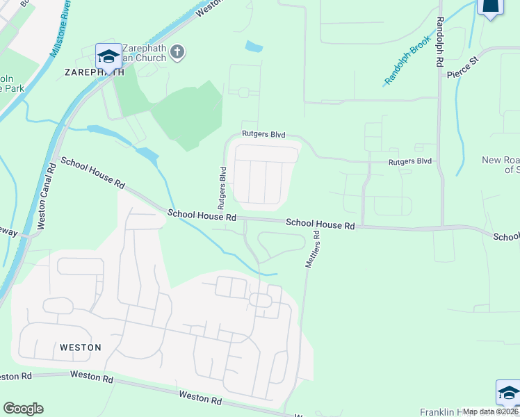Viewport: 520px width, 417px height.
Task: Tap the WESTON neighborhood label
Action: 81,347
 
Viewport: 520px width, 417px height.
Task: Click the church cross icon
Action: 177,53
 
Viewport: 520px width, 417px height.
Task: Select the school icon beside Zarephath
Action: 108,56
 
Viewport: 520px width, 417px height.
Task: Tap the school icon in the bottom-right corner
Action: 508,393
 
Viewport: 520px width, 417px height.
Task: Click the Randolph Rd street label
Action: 439,42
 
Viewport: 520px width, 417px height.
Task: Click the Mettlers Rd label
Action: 312,250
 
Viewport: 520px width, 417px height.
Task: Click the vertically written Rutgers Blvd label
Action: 222,188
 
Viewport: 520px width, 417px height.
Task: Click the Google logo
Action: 23,409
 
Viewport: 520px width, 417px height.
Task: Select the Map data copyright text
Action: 491,411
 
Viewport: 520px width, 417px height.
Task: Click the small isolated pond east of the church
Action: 254,47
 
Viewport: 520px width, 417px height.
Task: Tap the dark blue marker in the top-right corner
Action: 491,6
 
